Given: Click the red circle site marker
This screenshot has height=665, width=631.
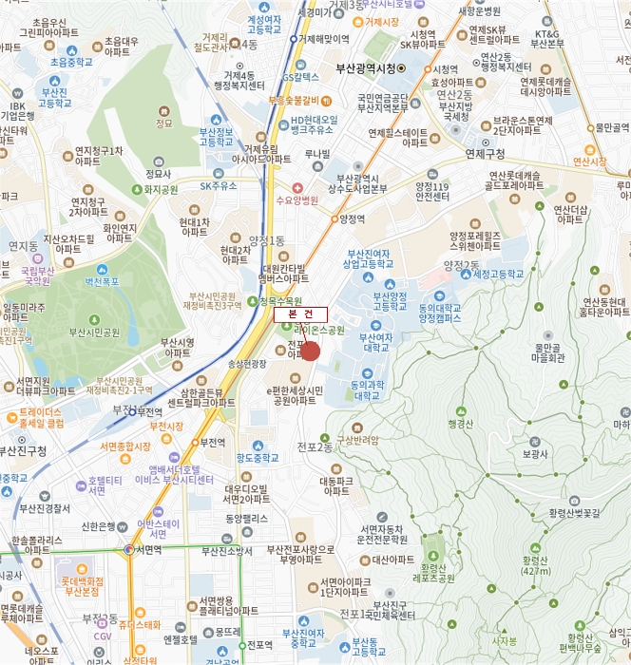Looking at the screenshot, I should coord(310,351).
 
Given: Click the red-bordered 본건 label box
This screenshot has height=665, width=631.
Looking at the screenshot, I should coord(300,314).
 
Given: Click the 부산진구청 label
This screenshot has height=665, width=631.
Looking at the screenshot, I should coord(24,451).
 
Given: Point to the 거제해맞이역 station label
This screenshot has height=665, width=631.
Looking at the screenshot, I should coord(323,39).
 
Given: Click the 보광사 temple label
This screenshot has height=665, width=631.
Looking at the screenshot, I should coord(535,455).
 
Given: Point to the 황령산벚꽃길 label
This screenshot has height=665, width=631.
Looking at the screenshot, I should coord(576,513).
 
